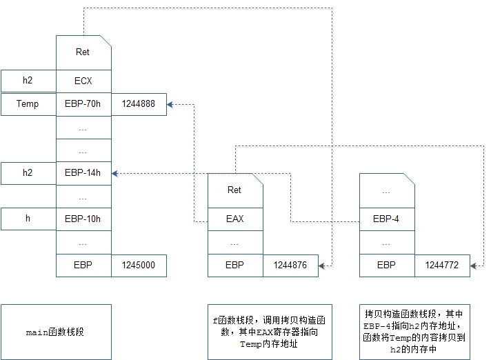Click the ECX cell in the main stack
(83, 81)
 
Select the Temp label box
(28, 104)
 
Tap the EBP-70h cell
(83, 104)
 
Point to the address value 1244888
(138, 104)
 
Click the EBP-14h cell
(83, 173)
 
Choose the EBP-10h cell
(83, 219)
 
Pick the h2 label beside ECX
(28, 81)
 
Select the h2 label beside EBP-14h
(28, 173)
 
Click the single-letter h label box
(28, 219)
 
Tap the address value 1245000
(138, 266)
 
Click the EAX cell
(234, 219)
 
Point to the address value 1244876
(290, 266)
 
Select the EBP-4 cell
(386, 219)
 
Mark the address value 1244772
(441, 266)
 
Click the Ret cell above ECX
(83, 52)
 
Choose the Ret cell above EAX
(234, 190)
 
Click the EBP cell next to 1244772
(386, 266)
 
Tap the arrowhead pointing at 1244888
(170, 104)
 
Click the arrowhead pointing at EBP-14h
(115, 173)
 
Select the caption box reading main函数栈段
(55, 332)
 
